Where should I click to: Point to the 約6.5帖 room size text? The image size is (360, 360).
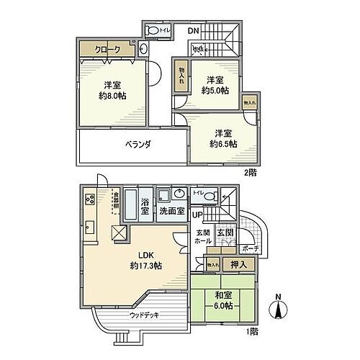[x=222, y=143]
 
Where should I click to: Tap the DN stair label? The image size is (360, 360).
[x=193, y=31]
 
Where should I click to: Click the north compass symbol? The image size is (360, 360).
[x=276, y=310]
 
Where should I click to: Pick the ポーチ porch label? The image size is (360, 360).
[x=251, y=249]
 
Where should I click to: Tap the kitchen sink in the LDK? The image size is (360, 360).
[x=91, y=228]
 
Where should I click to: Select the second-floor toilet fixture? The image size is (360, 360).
[x=153, y=31]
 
